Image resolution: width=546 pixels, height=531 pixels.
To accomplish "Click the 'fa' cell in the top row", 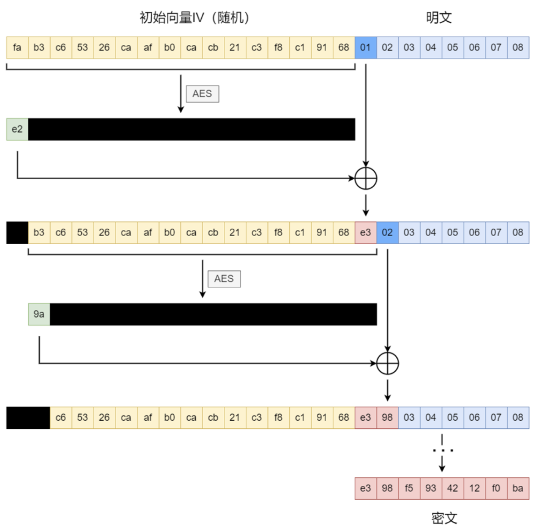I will point(17,48).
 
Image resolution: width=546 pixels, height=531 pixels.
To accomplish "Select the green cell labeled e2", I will point(17,129).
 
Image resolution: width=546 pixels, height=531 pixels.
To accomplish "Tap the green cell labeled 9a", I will point(39,314).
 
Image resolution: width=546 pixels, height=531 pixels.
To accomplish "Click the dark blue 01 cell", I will point(365,48).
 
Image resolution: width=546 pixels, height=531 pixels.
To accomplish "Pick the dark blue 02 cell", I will point(387,233).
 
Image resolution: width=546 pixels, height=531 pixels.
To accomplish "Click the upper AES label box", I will point(202,94).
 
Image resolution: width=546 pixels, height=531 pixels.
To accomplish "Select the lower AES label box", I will point(224,279).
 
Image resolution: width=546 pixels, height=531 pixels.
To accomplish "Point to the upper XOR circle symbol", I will point(366,178).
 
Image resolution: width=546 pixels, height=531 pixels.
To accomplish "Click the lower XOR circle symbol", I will point(388,363).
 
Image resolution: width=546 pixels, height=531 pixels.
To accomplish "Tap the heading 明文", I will point(439,18).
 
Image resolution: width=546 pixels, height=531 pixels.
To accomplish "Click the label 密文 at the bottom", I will point(444,518).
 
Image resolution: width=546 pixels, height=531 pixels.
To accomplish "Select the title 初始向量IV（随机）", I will point(195,18).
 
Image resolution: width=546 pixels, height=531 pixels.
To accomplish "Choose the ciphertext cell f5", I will point(409,488).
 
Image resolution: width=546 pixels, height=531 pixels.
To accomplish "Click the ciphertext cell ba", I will point(518,488).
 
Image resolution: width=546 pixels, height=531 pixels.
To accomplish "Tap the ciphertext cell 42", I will point(453,488).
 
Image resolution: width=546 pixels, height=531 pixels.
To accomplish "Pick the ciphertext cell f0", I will point(496,488).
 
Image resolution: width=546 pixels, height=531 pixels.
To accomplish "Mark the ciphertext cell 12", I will point(474,488).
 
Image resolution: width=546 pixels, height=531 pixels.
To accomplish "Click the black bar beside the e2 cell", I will point(192,129).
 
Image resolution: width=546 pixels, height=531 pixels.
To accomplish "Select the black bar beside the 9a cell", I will point(213,314).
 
